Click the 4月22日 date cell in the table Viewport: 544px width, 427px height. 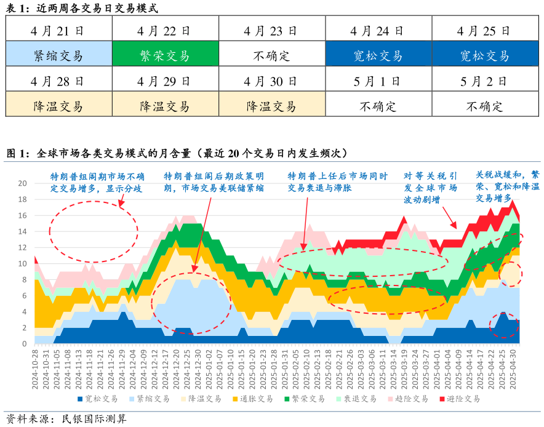pos(165,30)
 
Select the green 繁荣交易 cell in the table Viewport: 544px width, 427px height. pos(165,56)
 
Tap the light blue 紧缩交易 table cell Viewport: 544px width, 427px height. pos(58,56)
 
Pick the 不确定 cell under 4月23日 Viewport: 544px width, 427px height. pos(271,56)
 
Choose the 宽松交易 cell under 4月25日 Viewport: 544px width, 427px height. pos(485,56)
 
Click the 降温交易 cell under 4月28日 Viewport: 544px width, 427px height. pos(58,106)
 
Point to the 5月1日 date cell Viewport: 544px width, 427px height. pos(378,81)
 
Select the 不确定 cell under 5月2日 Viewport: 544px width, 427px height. pos(485,106)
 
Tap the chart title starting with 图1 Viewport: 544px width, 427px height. pos(178,153)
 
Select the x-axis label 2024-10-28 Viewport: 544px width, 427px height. pos(36,367)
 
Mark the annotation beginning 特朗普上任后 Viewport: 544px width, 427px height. pos(338,182)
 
